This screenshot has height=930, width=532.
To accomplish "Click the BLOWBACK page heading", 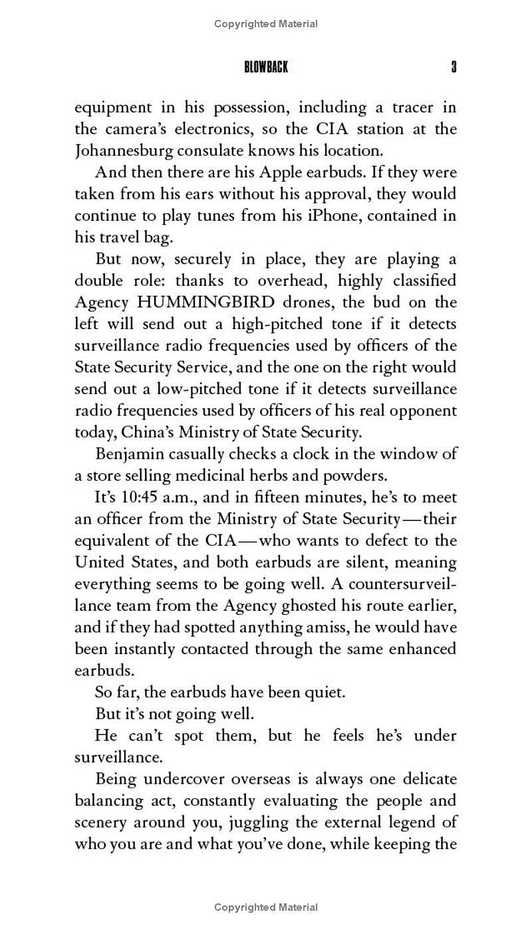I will click(x=266, y=67).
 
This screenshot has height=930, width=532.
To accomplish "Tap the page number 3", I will click(x=454, y=67).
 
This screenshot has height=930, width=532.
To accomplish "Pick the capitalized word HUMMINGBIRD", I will click(x=205, y=302).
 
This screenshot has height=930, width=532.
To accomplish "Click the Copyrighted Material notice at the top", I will click(x=266, y=24).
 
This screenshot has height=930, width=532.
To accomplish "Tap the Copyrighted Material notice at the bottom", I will click(x=266, y=907).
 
